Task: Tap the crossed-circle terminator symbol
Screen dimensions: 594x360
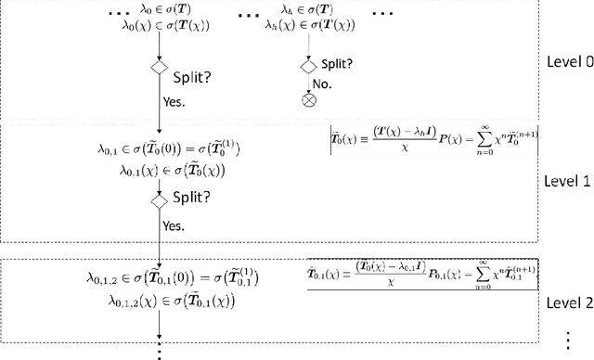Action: [309, 101]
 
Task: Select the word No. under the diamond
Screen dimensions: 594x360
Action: [321, 83]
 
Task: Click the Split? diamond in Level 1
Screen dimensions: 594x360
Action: [160, 199]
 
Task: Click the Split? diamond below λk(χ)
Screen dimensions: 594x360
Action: [309, 66]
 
